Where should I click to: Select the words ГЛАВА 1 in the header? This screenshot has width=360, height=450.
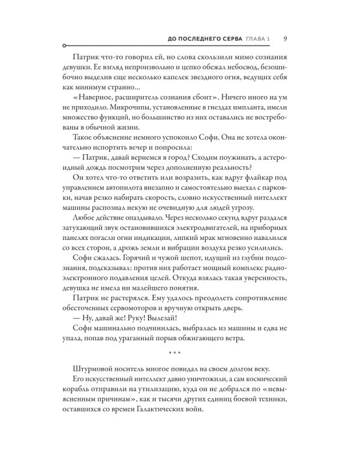(x=257, y=39)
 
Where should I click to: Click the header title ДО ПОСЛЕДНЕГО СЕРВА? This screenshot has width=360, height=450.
(x=205, y=39)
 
